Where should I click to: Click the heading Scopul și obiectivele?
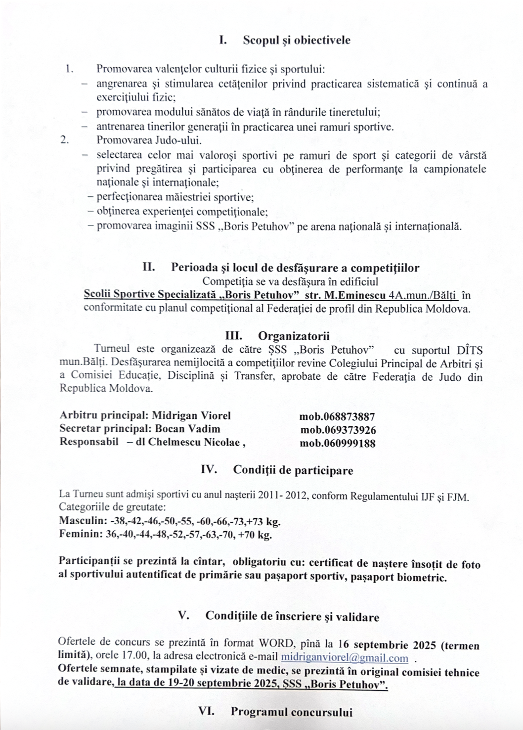[x=296, y=41]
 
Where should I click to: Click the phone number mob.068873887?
[x=337, y=416]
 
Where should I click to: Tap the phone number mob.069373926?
[x=338, y=430]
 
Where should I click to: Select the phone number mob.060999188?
[x=337, y=443]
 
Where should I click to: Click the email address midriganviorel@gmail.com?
[x=344, y=658]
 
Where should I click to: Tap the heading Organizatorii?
[x=293, y=336]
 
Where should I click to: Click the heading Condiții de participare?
[x=293, y=470]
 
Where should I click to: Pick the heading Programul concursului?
[x=291, y=712]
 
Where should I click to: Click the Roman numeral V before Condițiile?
[x=184, y=616]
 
